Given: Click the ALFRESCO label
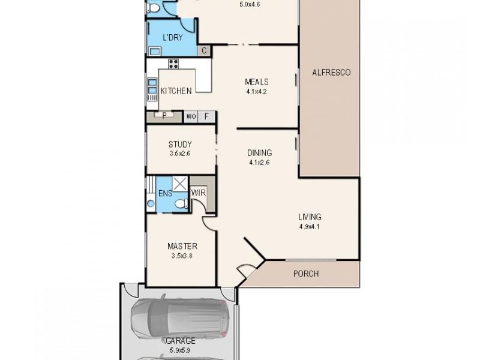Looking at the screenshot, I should point(331,73).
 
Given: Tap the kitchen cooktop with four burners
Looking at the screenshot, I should point(173,64).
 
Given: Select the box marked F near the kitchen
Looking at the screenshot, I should point(206,116).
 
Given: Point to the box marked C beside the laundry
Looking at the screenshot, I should point(204,51).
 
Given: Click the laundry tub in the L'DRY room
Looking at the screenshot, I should point(154,51).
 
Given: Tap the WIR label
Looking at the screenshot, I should point(199,193).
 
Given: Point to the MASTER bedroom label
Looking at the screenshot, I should point(182,247).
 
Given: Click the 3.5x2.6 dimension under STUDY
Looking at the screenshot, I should point(179,154).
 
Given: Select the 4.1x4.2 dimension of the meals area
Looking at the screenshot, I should point(256,92).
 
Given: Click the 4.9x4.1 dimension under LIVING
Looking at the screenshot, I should point(310,226).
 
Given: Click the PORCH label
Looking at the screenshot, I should point(305,274).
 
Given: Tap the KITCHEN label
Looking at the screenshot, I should point(176,91).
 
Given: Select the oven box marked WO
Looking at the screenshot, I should point(191,116).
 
